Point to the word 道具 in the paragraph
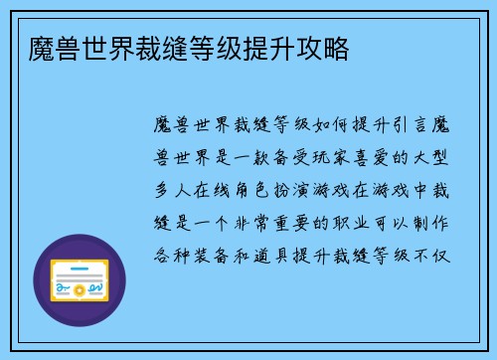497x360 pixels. click(x=294, y=247)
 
